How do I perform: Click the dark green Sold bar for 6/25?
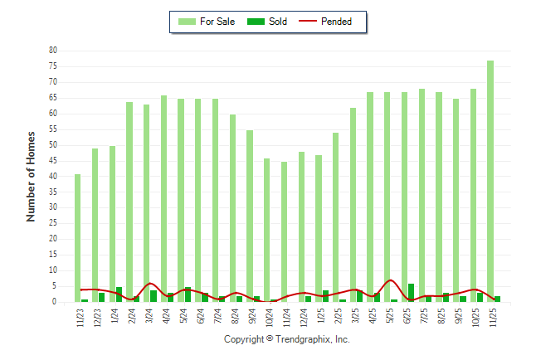(x=411, y=293)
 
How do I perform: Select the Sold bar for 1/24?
(x=119, y=294)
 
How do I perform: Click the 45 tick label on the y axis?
(x=52, y=161)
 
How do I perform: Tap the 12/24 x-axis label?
(x=304, y=317)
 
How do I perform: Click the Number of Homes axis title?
(x=31, y=176)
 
